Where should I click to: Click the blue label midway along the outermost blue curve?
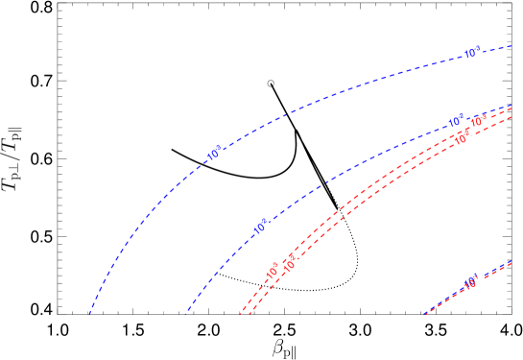[x=214, y=153]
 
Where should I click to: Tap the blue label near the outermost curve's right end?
[x=471, y=54]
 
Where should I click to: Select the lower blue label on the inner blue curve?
[x=261, y=228]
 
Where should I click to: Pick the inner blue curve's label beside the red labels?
[x=456, y=122]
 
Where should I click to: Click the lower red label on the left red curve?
[x=273, y=271]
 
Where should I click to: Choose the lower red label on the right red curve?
[x=290, y=261]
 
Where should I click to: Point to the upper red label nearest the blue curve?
[x=477, y=122]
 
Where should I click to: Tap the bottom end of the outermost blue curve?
[x=89, y=314]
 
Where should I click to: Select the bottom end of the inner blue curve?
[x=185, y=314]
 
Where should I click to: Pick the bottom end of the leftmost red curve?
[x=240, y=315]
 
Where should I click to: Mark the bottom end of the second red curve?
[x=250, y=315]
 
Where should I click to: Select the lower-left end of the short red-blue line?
[x=424, y=314]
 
